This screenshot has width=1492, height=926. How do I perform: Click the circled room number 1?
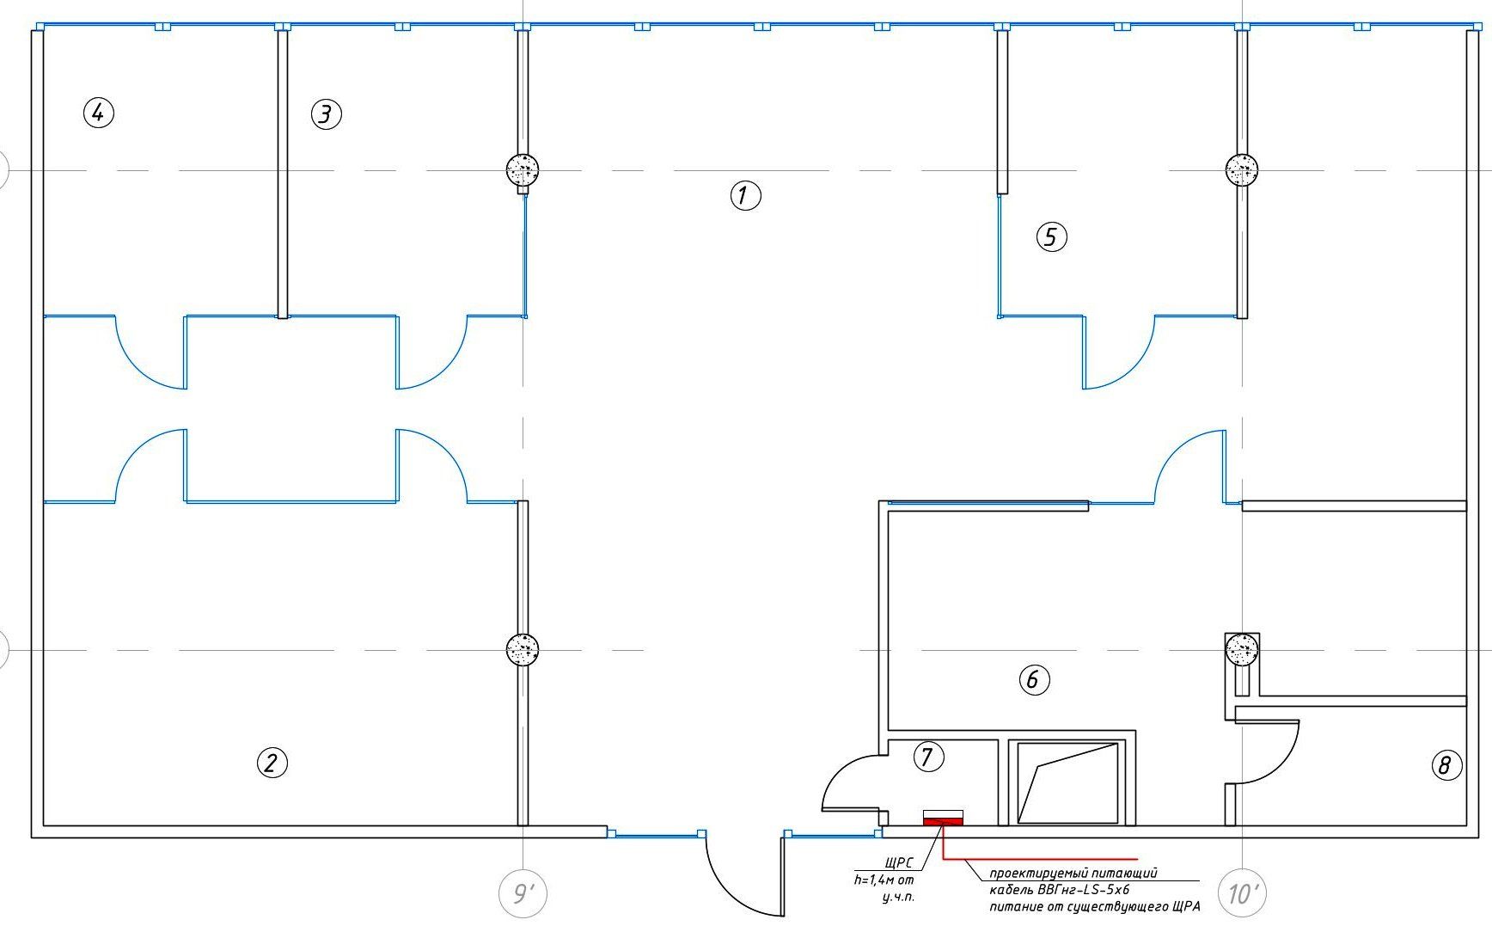coord(745,196)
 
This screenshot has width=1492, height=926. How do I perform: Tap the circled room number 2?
coord(272,763)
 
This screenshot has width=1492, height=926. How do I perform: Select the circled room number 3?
coord(326,113)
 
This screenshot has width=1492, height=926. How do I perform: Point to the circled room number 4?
coord(99,112)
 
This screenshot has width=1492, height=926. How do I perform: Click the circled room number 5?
coord(1051,236)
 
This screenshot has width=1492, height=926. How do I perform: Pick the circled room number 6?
coord(1033,680)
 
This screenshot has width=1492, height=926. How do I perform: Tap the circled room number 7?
coord(927,757)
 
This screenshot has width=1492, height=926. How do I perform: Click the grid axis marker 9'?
coord(523,894)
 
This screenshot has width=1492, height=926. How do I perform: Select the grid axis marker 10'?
coord(1242,894)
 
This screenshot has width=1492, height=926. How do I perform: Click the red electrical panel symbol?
coord(943,822)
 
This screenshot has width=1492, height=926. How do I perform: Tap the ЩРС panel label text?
coord(897,862)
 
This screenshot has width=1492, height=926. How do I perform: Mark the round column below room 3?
coord(523,169)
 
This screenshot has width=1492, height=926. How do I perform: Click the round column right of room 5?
coord(1241,169)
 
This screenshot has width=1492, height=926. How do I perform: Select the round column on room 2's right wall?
coord(523,649)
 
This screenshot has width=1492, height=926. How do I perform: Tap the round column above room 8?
coord(1241,648)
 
